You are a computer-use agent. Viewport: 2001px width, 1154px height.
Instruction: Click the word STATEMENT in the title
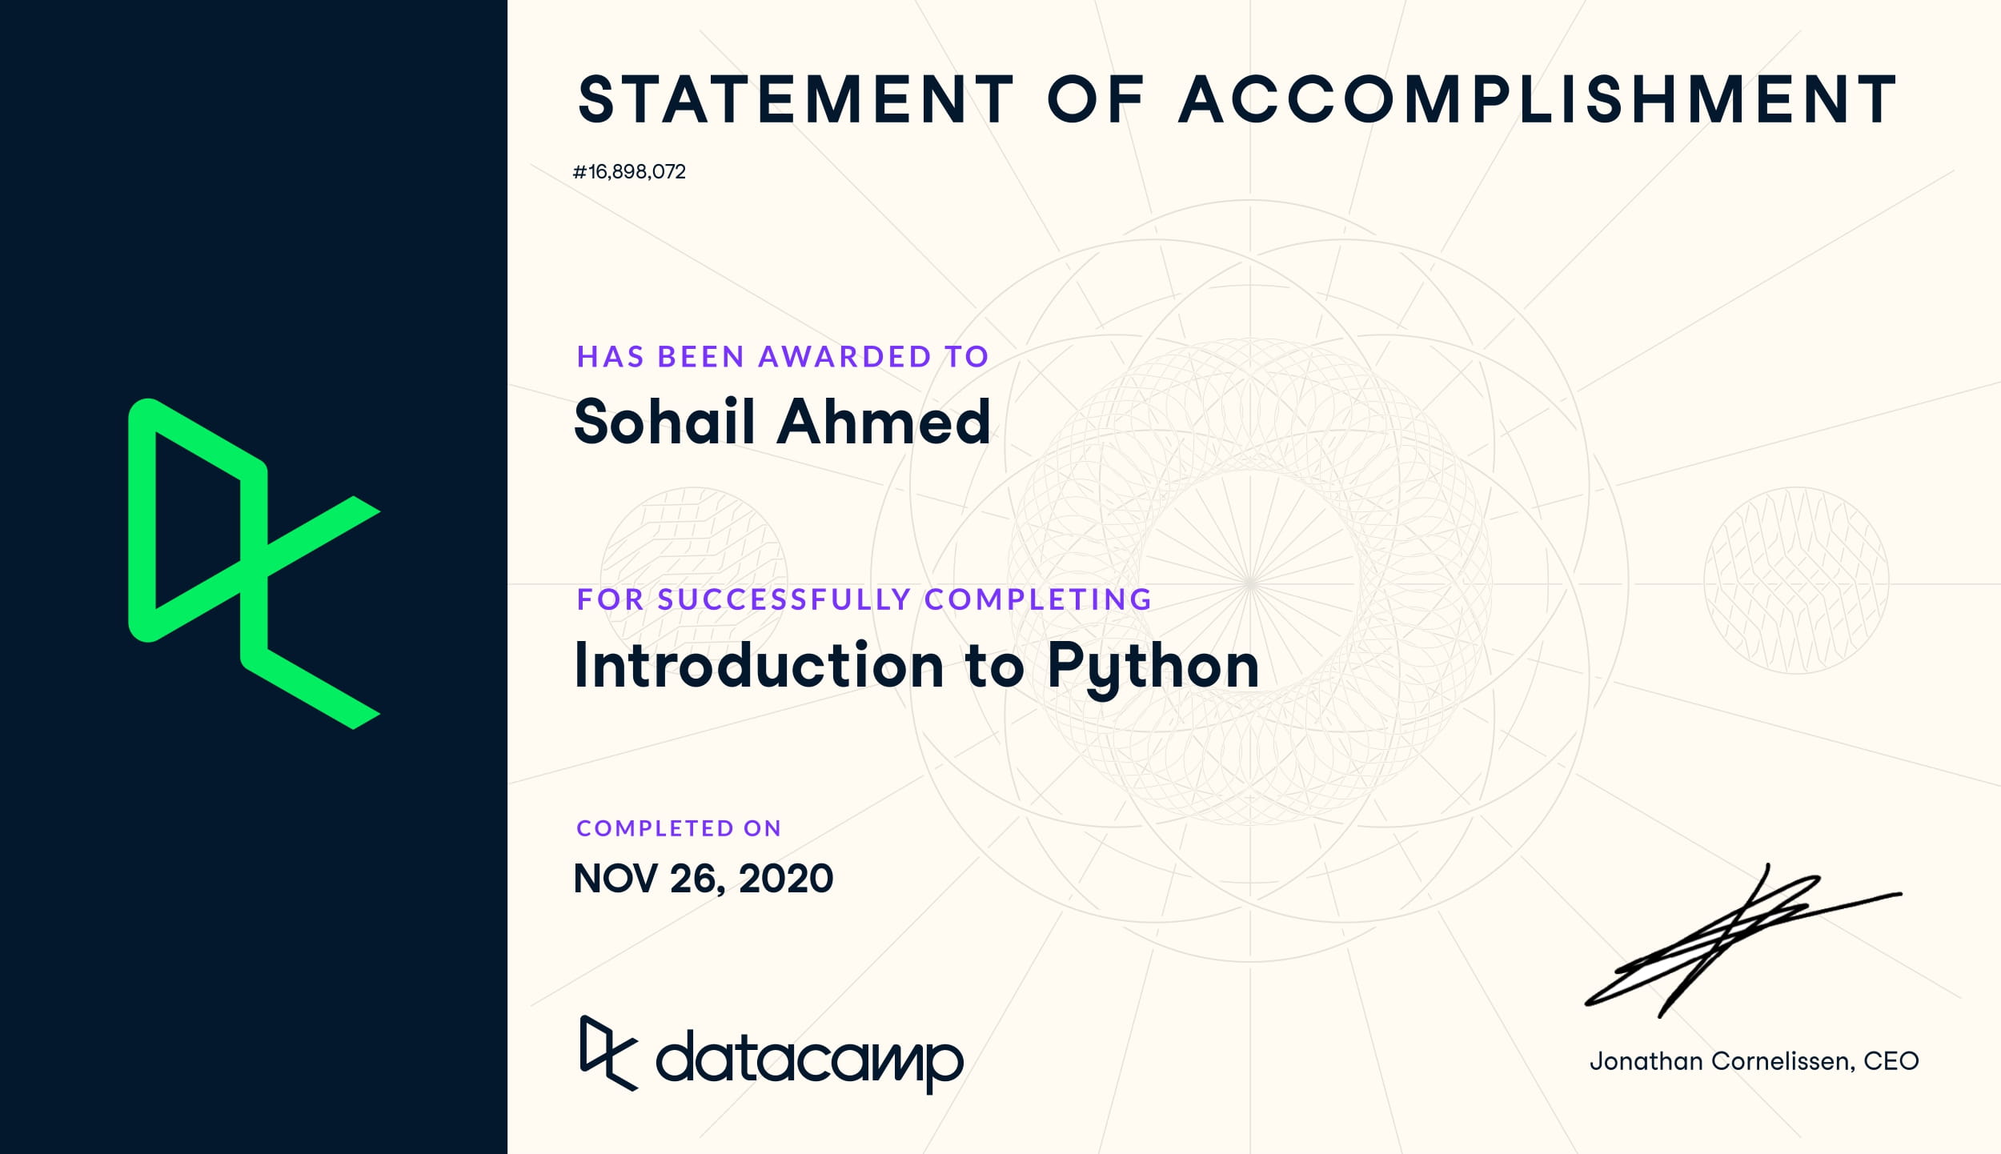coord(796,100)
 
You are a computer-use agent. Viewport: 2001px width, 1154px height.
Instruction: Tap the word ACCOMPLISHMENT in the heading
coord(1538,100)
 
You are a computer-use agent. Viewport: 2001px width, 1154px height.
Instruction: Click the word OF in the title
coord(1097,100)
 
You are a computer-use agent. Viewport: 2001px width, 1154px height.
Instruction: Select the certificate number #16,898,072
coord(629,172)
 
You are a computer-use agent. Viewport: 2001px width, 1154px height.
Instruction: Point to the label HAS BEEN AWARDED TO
coord(783,356)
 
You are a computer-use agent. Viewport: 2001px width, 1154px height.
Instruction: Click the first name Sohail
coord(665,421)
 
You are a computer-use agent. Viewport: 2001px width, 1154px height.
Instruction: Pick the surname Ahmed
coord(884,421)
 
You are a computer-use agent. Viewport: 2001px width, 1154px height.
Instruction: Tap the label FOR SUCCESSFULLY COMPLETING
coord(864,599)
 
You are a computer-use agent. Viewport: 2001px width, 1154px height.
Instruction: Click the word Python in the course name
coord(1153,667)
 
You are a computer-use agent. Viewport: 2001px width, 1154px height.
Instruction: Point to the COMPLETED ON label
coord(679,828)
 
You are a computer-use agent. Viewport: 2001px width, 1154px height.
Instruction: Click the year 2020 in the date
coord(786,879)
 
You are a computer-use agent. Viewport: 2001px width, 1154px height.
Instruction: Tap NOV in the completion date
coord(615,879)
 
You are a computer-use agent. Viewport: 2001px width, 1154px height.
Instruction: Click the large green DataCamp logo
coord(255,563)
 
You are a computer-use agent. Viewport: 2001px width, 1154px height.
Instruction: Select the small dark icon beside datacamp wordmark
coord(609,1053)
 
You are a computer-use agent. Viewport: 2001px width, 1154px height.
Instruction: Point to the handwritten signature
coord(1743,941)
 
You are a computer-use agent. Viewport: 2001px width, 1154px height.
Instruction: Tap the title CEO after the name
coord(1891,1061)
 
